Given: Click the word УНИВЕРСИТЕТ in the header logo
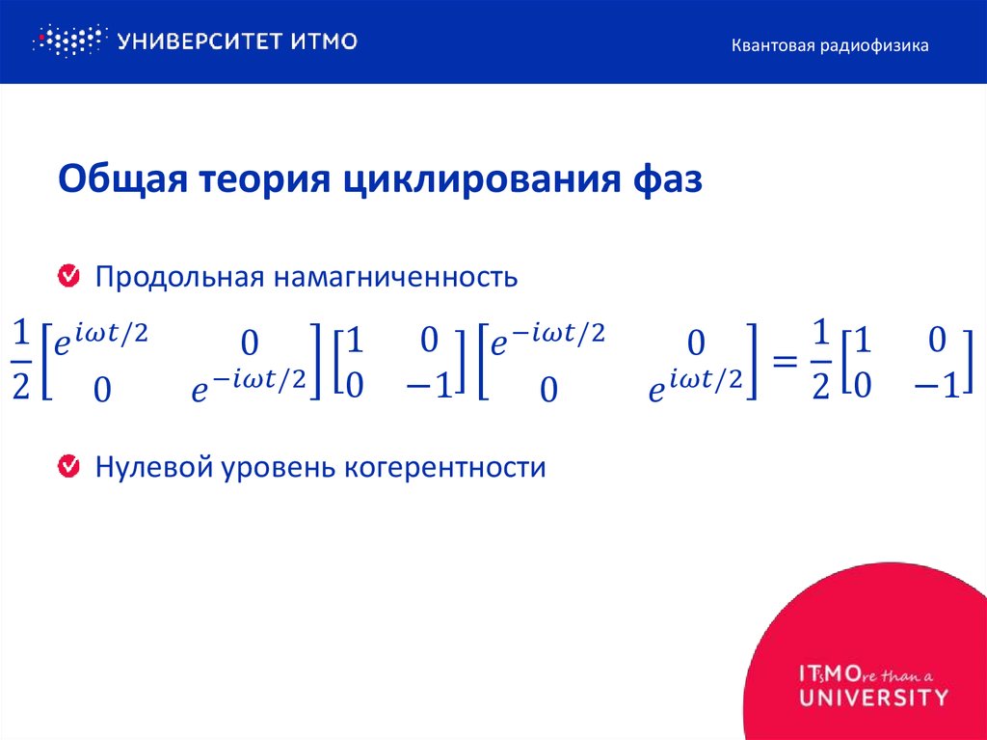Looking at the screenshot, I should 197,41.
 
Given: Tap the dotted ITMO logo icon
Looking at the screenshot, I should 67,41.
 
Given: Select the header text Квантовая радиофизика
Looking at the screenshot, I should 829,45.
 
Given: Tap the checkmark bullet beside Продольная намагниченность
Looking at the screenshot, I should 69,277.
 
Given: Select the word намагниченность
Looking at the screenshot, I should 396,278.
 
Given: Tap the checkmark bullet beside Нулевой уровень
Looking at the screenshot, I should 69,468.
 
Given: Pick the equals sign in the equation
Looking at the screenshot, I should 786,362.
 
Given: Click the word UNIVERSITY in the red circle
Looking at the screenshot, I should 873,697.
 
